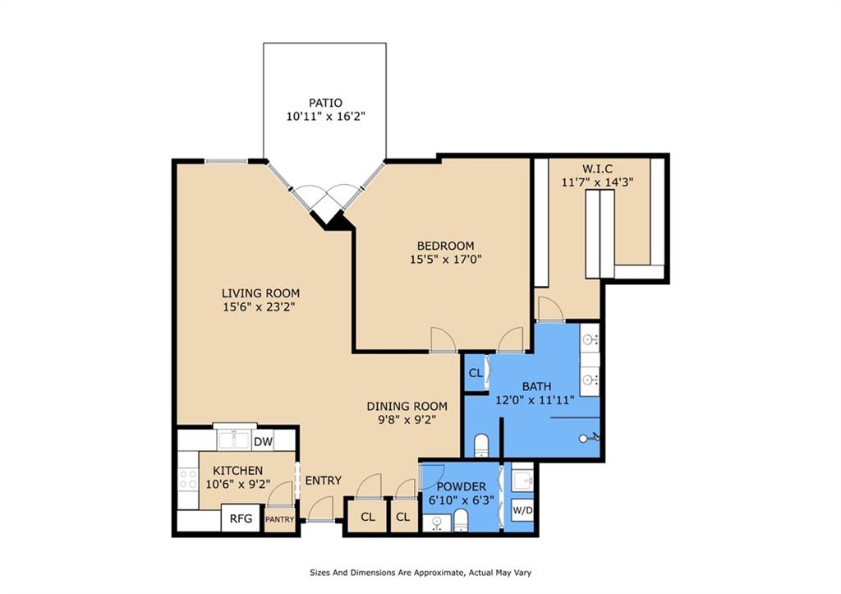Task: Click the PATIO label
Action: (325, 103)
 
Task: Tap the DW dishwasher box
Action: (263, 442)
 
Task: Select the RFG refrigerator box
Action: (241, 518)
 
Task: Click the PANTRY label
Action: (279, 519)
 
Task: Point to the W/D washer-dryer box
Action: (522, 509)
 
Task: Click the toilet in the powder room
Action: (462, 520)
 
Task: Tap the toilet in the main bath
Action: (481, 445)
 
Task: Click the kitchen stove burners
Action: (188, 479)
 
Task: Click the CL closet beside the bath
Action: (476, 372)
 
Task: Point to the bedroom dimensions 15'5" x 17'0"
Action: (446, 260)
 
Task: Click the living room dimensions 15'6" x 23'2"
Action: (260, 307)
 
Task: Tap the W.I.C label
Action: (598, 168)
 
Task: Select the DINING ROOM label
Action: (407, 406)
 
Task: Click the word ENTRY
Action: (324, 481)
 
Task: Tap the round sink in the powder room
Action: (437, 522)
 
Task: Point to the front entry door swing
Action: (321, 508)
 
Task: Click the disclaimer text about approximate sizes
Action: (420, 573)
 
